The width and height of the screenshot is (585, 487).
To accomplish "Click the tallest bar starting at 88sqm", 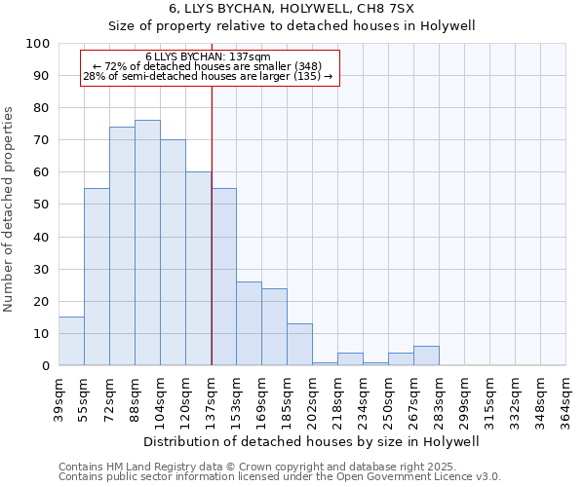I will coord(147,243).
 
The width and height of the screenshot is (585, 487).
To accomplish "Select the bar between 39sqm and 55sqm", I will coord(71,341).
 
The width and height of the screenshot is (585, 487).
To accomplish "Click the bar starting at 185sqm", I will coord(299,345).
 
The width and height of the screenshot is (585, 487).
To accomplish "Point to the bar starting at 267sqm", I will coord(426,356).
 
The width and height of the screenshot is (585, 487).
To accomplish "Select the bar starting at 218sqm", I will coord(350,358).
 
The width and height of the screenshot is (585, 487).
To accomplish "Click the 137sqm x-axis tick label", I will coord(212,399).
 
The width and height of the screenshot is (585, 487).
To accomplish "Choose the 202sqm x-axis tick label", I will coord(313,399).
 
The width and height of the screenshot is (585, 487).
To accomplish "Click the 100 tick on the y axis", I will coord(38,44).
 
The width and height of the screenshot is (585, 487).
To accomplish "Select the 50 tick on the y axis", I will coord(42,205).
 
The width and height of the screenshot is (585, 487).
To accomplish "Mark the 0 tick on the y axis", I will coord(46,365).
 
